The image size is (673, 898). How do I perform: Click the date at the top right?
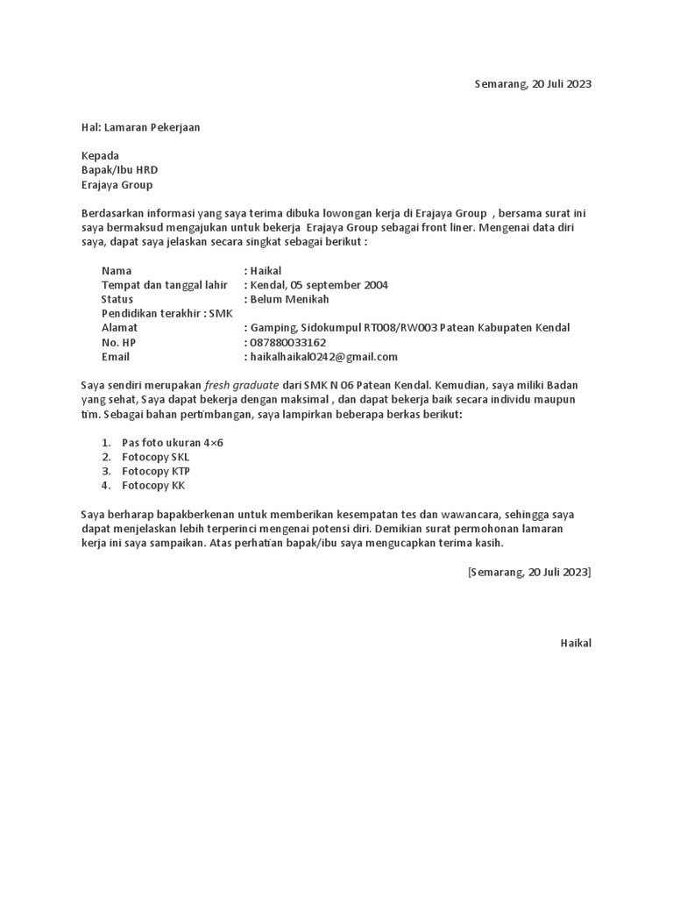coord(533,84)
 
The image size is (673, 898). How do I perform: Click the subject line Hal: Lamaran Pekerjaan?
coord(140,127)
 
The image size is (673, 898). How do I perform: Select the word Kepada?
coord(100,156)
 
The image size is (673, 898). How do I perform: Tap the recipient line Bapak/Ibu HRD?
coord(119,170)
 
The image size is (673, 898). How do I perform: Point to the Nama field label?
coord(117,271)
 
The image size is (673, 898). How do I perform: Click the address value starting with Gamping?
coord(409,328)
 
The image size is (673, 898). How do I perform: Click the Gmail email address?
coord(323,357)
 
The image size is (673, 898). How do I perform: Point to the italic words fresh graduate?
coord(242,386)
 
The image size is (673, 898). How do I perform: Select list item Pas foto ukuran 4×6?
coord(173,443)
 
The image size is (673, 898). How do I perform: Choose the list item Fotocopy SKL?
coord(155,457)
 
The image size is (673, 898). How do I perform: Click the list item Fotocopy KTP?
coord(155,471)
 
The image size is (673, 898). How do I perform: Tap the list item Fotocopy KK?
coord(153,486)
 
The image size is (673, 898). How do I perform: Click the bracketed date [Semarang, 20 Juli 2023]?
coord(529,572)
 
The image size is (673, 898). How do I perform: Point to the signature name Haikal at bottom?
coord(576,643)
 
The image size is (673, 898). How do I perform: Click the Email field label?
coord(116,357)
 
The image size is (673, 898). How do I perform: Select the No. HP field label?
coord(119,342)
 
